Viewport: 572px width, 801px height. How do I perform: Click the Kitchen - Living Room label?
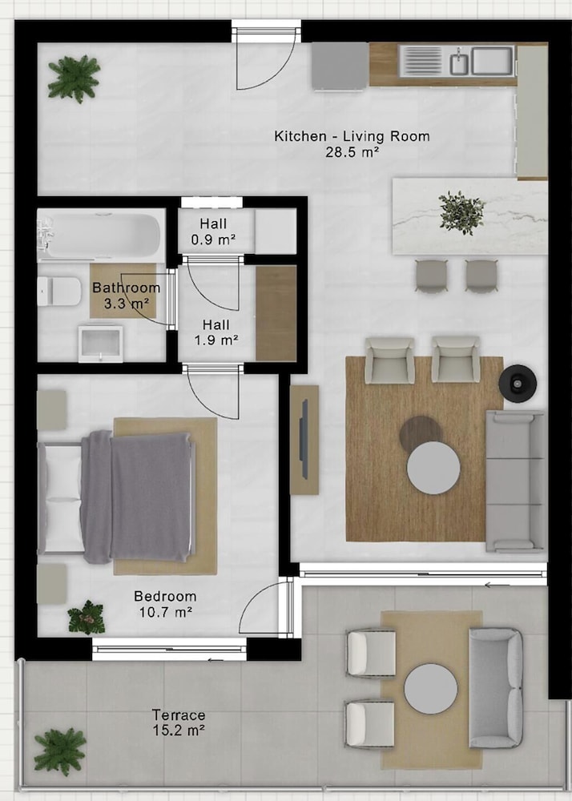(x=352, y=136)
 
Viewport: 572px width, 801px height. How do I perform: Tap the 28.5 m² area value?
(x=352, y=152)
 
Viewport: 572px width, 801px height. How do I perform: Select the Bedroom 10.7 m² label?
(x=166, y=604)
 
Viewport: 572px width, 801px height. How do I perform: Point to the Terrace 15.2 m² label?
(x=179, y=723)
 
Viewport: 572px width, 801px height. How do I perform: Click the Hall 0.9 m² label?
(x=213, y=231)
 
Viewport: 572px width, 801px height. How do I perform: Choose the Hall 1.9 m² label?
(x=216, y=332)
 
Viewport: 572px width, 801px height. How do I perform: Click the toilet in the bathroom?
(x=59, y=291)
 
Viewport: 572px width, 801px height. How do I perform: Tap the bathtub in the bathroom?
(x=100, y=235)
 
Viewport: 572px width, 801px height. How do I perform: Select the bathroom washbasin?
(x=101, y=344)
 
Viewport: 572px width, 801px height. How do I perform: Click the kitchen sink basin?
(x=492, y=61)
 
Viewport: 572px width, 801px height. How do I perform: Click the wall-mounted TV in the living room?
(x=304, y=439)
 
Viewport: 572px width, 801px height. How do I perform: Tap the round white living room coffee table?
(x=433, y=468)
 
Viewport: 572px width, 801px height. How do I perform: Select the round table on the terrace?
(x=430, y=689)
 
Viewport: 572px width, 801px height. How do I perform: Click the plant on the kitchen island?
(x=462, y=212)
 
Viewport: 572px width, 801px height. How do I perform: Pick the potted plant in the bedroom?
(x=87, y=618)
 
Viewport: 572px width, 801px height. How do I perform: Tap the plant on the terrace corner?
(x=60, y=751)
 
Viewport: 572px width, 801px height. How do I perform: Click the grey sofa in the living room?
(x=515, y=481)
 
